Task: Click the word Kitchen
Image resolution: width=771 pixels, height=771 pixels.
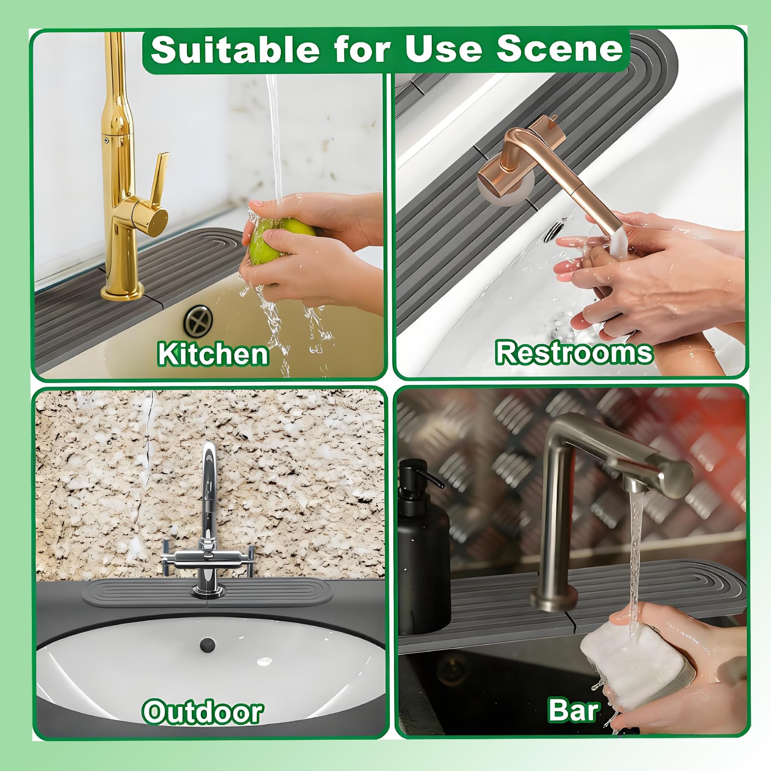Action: click(213, 354)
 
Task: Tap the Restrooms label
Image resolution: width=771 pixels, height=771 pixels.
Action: click(573, 352)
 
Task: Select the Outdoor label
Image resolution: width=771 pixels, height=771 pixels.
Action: click(202, 712)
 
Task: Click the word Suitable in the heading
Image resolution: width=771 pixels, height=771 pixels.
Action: click(234, 49)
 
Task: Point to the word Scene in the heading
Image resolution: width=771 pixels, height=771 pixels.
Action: click(560, 49)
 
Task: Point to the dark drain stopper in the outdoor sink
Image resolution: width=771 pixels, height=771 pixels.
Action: click(207, 644)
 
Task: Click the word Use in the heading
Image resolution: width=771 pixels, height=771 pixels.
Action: click(443, 49)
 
